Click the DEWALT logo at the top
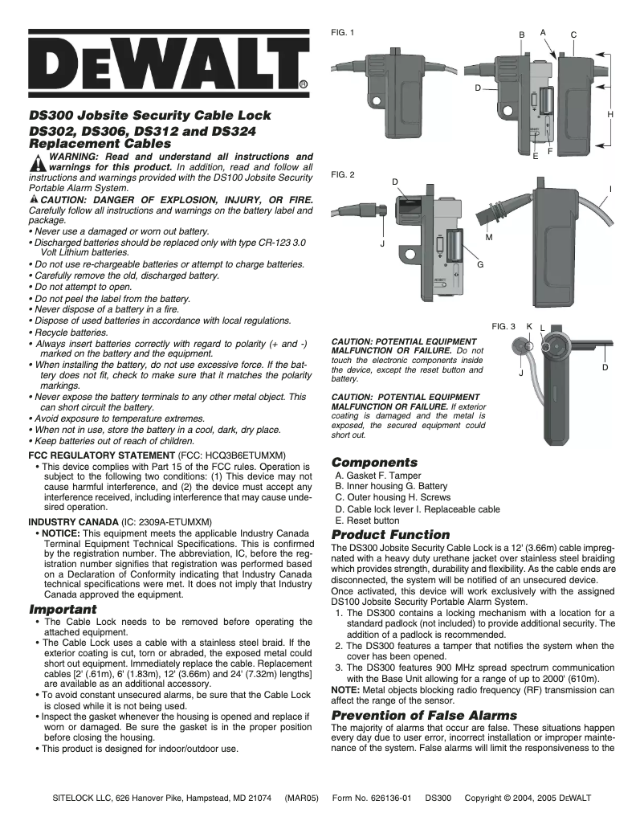[169, 63]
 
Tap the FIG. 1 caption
[343, 32]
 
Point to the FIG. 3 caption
[503, 326]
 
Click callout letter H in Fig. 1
[610, 116]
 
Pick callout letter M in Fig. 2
[489, 238]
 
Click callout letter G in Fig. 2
[480, 264]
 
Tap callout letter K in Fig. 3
[529, 326]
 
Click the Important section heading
[63, 609]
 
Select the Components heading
[374, 463]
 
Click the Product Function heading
[390, 535]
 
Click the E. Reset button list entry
[367, 521]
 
